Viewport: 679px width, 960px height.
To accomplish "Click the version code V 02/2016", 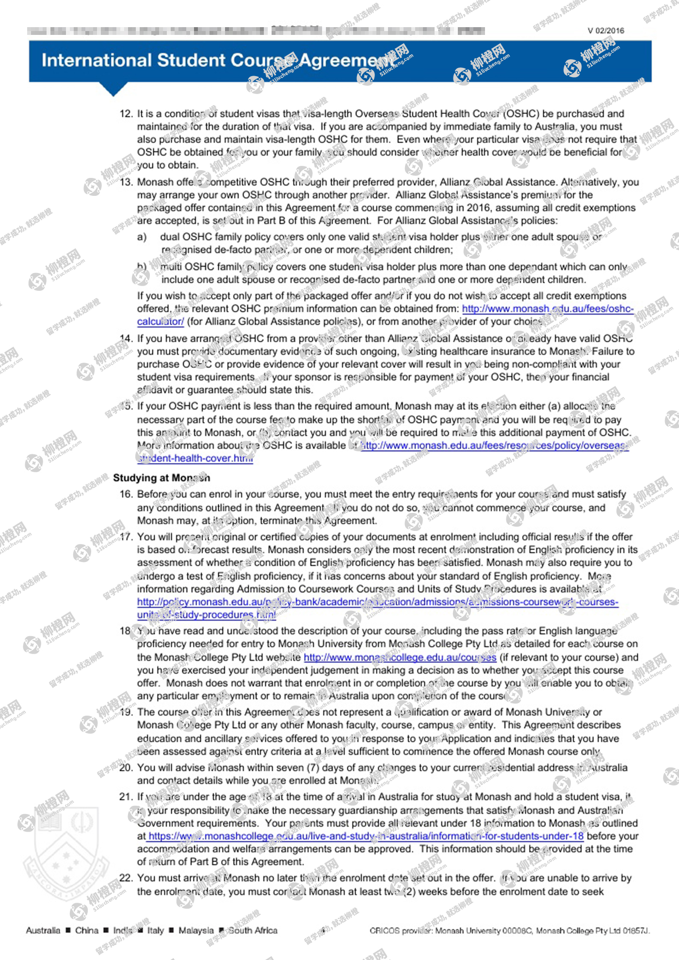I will [606, 31].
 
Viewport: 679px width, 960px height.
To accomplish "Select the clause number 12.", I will [126, 114].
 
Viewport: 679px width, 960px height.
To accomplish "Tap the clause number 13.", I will [126, 182].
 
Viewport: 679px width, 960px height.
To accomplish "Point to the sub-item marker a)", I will [142, 237].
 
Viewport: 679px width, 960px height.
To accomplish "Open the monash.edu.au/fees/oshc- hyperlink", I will [548, 309].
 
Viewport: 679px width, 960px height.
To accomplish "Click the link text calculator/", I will [161, 321].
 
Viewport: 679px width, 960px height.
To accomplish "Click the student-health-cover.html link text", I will [195, 458].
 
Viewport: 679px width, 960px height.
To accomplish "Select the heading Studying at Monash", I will [162, 478].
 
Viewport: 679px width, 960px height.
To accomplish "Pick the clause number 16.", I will [126, 494].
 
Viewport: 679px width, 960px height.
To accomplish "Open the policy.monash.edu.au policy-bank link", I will [377, 602].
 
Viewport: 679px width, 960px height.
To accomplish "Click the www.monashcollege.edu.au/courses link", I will [400, 657].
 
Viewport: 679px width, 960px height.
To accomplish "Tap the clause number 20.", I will [126, 768].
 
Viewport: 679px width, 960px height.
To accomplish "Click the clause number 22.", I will [126, 878].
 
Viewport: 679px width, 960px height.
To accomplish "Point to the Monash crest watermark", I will [68, 853].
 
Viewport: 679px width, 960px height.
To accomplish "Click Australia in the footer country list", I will [43, 930].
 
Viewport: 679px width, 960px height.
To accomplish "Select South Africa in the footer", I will [253, 930].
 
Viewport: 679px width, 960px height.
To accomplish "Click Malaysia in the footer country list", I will [196, 930].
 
